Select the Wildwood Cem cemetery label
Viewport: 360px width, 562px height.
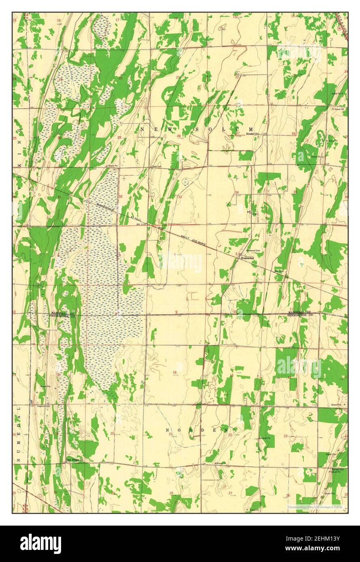(253, 251)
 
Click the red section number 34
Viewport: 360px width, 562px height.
(237, 192)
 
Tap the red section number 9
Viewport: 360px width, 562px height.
(176, 311)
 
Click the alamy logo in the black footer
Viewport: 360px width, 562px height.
(40, 544)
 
